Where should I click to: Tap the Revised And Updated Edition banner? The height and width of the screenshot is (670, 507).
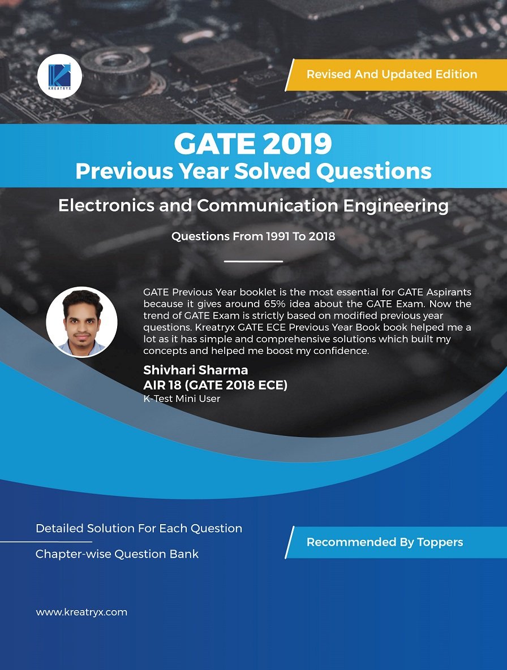[x=392, y=74]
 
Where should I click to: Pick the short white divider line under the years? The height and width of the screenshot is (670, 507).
[x=253, y=261]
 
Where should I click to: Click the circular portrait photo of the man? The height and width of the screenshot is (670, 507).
[x=81, y=322]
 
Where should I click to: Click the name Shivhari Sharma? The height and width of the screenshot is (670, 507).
[x=195, y=370]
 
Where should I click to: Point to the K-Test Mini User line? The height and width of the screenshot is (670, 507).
[x=182, y=399]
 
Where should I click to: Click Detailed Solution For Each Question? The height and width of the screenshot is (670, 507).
[x=139, y=529]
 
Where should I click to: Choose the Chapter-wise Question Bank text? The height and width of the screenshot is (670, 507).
[x=117, y=554]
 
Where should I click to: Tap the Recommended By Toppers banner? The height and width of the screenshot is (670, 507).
[x=385, y=542]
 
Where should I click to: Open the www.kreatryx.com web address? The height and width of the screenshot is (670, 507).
[x=81, y=612]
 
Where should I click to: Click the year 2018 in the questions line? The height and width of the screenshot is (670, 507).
[x=322, y=236]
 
